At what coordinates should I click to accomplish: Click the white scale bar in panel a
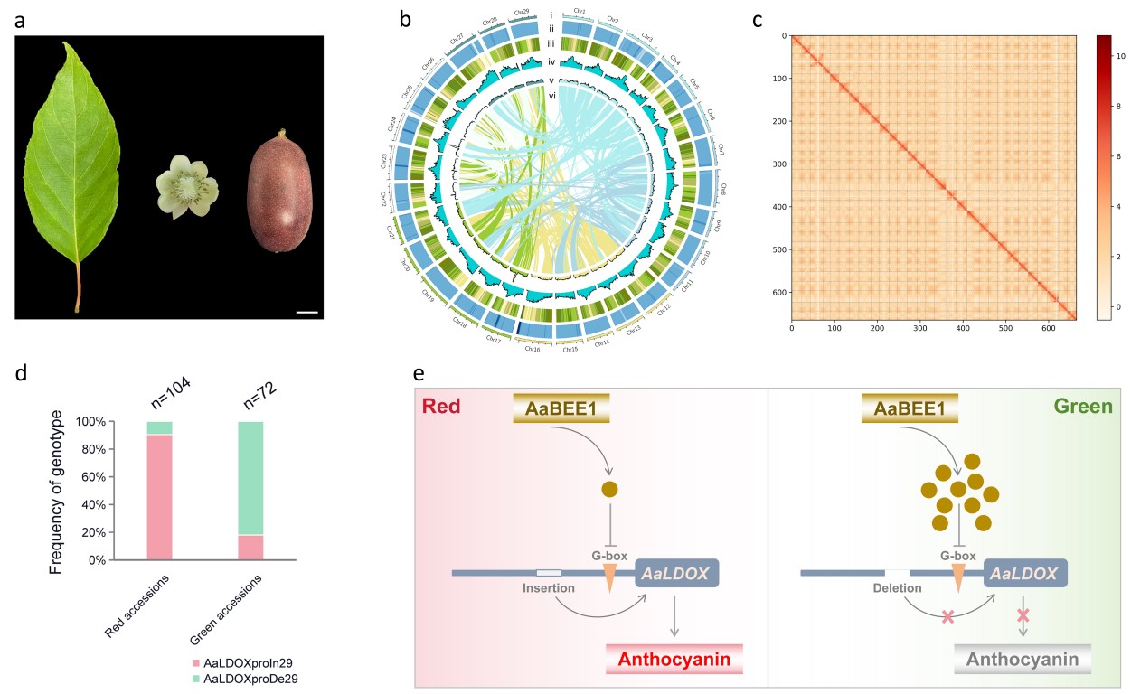pos(306,313)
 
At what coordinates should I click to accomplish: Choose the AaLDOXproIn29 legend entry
pos(249,661)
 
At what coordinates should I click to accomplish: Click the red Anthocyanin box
pos(674,660)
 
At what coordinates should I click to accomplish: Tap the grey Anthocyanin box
pos(1023,660)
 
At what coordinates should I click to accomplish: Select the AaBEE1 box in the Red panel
pos(561,408)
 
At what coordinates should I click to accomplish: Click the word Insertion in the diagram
pos(549,588)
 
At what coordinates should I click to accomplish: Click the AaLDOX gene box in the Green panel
pos(1025,573)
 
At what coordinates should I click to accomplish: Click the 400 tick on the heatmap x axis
pos(963,330)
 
